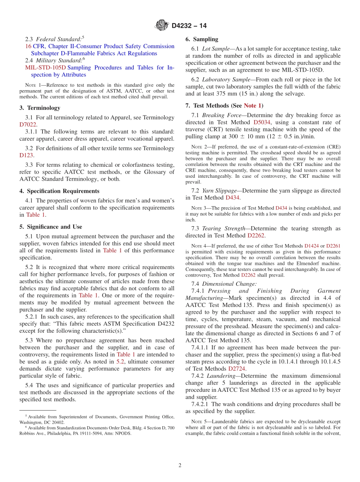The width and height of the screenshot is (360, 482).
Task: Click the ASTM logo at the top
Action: [162, 26]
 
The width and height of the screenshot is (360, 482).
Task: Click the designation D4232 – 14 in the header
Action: [189, 26]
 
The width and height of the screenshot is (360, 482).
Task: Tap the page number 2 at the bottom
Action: [180, 465]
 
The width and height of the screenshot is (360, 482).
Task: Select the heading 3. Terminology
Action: [40, 108]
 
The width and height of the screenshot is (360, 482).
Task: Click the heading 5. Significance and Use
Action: [51, 227]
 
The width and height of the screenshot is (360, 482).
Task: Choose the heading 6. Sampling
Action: [202, 39]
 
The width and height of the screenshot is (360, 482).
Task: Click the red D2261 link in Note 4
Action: [333, 246]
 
